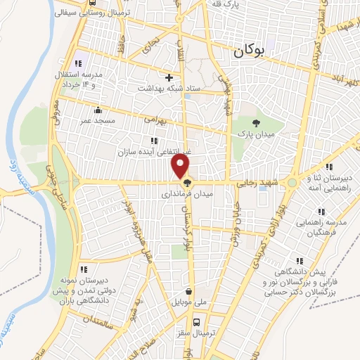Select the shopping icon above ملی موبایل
[x=188, y=291]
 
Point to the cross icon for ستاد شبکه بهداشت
[x=168, y=77]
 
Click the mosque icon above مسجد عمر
[x=96, y=110]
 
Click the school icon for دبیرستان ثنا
[x=311, y=179]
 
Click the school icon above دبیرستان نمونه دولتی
[x=82, y=269]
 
